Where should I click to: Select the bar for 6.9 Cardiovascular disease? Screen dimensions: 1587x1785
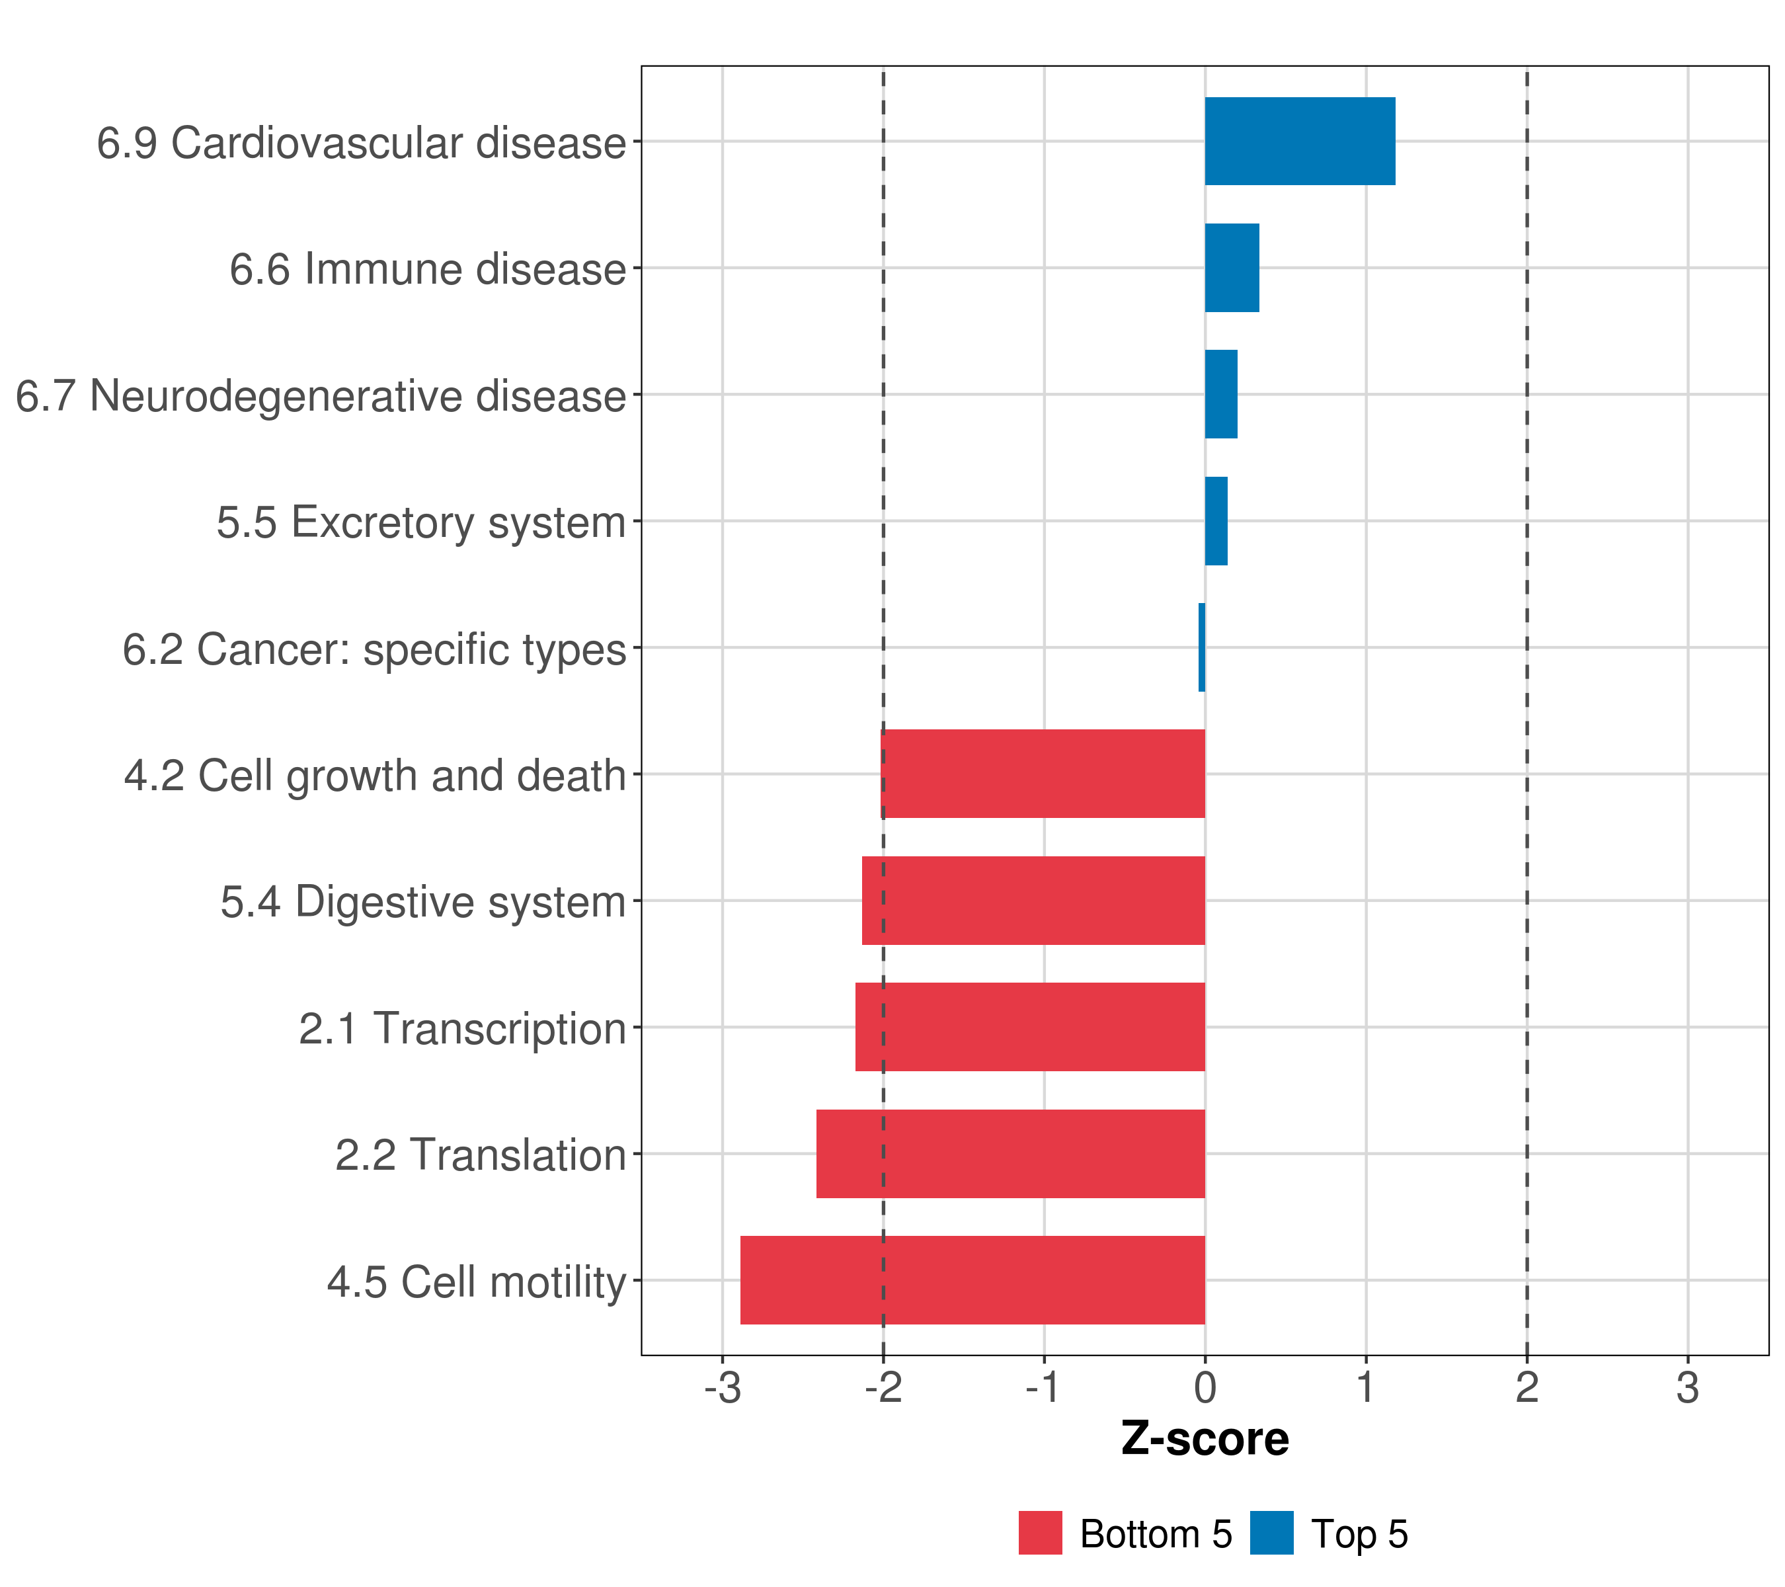[x=1300, y=142]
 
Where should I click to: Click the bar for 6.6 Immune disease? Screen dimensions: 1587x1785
[x=1232, y=268]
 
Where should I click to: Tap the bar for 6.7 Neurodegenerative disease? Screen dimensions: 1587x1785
[x=1221, y=395]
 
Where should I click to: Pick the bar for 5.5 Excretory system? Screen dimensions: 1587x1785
[x=1216, y=522]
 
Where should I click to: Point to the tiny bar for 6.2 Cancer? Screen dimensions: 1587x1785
[x=1202, y=647]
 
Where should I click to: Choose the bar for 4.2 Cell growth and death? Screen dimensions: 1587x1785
[x=1044, y=774]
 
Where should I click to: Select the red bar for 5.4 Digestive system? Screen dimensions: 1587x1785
[x=1033, y=901]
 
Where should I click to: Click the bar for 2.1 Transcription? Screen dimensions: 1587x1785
[x=1031, y=1027]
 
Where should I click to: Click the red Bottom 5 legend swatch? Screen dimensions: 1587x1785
[x=1040, y=1533]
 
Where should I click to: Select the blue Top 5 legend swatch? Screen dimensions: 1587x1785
[x=1271, y=1533]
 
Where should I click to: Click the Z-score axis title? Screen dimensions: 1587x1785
[x=1205, y=1440]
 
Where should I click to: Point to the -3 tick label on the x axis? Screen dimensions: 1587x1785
[x=722, y=1388]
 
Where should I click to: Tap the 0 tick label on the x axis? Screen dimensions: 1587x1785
[x=1205, y=1388]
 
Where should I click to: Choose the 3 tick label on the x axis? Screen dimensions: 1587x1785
[x=1687, y=1388]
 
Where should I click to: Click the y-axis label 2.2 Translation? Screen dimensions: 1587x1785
[x=481, y=1155]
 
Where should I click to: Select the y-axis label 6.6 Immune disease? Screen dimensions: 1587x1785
[x=427, y=269]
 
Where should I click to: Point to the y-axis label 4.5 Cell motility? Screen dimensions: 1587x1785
[x=476, y=1282]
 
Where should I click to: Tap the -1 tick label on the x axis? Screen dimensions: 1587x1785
[x=1044, y=1388]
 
